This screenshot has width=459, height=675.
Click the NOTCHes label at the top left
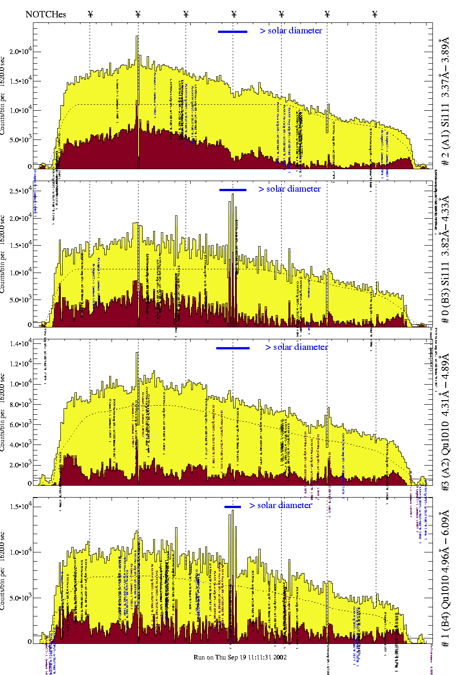[46, 14]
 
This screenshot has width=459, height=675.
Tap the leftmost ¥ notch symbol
[90, 14]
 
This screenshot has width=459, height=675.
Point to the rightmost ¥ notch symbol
[375, 14]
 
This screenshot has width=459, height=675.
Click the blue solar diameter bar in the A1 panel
[233, 32]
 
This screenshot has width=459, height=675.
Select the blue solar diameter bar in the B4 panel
[233, 507]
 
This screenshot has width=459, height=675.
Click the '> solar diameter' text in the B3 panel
[289, 189]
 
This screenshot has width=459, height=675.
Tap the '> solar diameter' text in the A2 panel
[297, 347]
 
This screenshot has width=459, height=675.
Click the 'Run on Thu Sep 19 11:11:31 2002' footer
[240, 657]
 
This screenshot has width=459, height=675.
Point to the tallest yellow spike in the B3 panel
[233, 196]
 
